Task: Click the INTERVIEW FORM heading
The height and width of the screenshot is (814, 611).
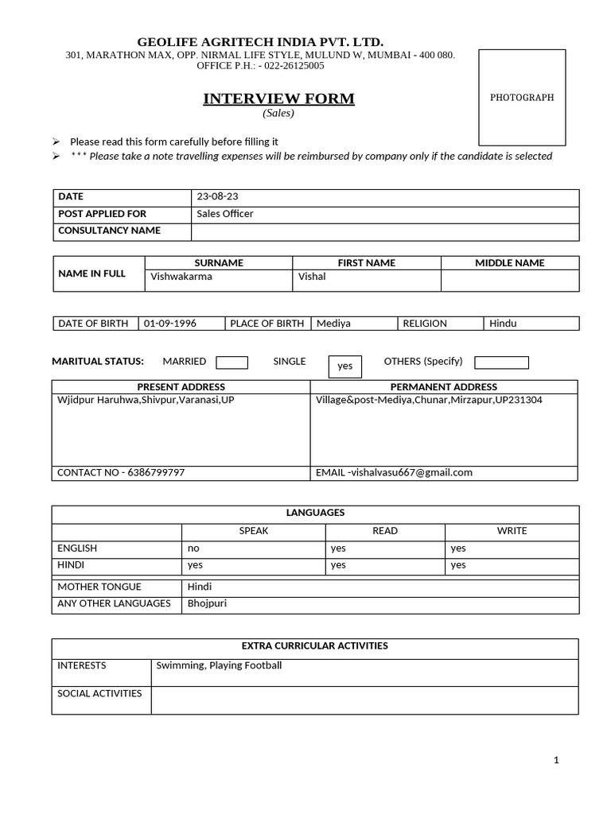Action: click(278, 99)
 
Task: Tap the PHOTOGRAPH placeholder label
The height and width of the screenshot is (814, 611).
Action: click(522, 98)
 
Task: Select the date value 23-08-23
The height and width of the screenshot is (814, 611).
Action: click(216, 197)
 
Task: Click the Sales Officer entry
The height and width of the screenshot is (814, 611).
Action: click(225, 214)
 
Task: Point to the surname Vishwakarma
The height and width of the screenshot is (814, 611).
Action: click(181, 277)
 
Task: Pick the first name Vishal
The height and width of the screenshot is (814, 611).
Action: click(312, 277)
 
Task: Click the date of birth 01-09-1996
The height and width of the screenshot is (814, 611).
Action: click(170, 324)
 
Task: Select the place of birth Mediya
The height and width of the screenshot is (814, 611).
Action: click(333, 324)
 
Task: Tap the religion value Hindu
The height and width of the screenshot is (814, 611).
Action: click(503, 324)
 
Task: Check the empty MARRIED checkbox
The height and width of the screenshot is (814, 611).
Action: click(232, 362)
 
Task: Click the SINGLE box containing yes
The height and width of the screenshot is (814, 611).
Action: click(344, 366)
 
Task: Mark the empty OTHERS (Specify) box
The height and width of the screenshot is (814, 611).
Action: click(501, 362)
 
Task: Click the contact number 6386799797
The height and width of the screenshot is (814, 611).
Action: click(156, 472)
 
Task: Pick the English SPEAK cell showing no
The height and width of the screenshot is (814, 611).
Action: click(193, 548)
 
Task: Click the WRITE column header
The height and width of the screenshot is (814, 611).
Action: click(512, 531)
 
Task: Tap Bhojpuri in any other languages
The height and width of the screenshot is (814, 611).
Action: click(207, 603)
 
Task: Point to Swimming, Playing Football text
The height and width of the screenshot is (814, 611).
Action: click(219, 665)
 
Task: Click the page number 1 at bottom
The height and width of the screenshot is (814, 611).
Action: click(556, 760)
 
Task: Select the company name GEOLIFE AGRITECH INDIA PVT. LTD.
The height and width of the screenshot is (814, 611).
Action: click(260, 41)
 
